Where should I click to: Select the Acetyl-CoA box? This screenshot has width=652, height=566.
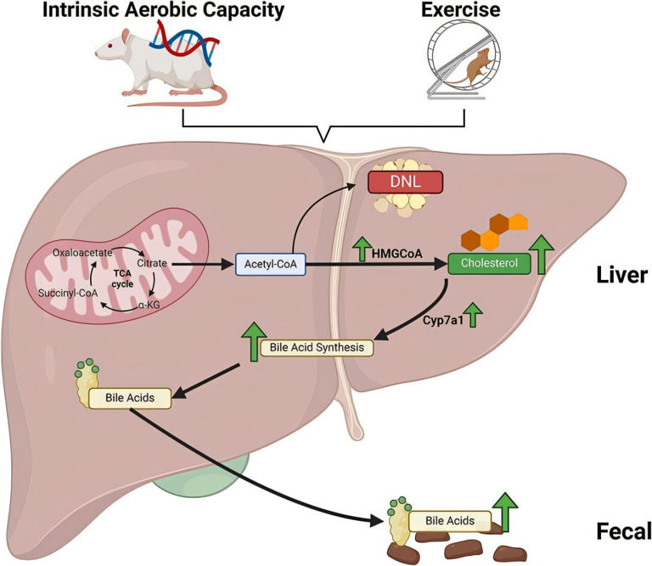tap(271, 266)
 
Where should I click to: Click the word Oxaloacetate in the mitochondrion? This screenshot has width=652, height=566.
tap(80, 252)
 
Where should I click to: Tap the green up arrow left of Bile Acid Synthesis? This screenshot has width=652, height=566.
tap(253, 341)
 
